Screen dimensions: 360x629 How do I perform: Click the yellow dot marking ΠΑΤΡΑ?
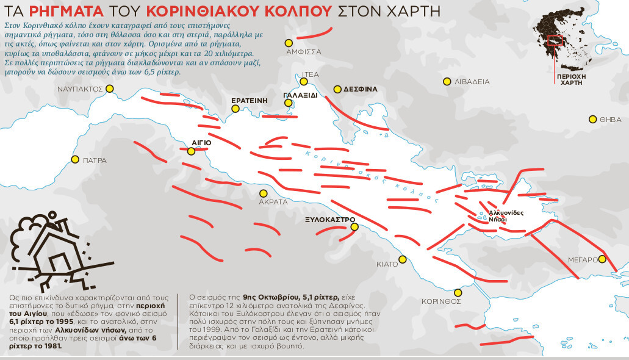click(x=75, y=160)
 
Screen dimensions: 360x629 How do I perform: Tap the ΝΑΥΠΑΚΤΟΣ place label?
click(x=79, y=88)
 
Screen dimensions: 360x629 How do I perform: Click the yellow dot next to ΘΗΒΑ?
click(x=592, y=120)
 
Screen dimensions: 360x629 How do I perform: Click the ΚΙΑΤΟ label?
click(x=387, y=265)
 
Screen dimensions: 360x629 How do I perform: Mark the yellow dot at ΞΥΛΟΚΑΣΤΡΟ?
click(x=354, y=228)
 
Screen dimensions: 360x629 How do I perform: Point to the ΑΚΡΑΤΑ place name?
click(x=273, y=201)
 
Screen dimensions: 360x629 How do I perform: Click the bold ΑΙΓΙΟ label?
click(x=201, y=142)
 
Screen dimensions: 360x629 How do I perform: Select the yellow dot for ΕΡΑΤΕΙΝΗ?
click(x=235, y=109)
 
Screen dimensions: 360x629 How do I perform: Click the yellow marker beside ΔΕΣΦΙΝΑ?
click(x=337, y=89)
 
